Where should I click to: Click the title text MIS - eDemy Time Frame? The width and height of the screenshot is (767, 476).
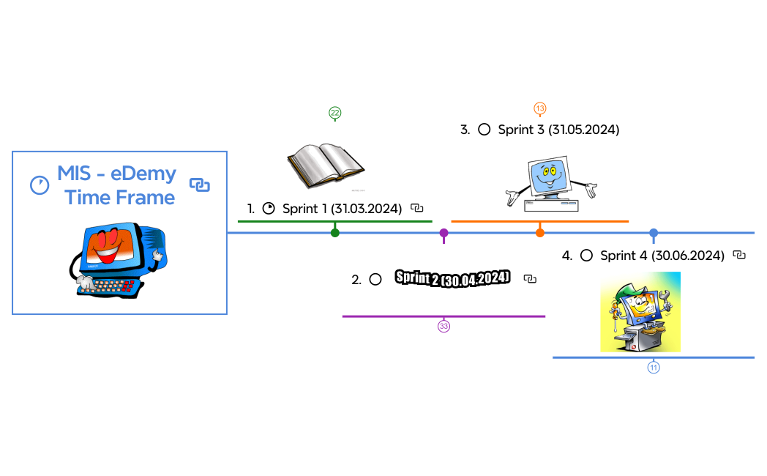tap(117, 185)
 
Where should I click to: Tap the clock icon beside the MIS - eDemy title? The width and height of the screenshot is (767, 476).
tap(40, 185)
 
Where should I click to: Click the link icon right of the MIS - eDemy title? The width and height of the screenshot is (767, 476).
tap(200, 185)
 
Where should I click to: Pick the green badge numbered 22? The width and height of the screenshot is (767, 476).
tap(335, 113)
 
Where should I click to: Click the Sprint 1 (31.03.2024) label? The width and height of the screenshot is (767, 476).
tap(342, 209)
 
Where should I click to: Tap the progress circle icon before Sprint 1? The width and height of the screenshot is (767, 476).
tap(269, 209)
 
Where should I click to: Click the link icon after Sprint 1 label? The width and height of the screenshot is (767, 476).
tap(417, 209)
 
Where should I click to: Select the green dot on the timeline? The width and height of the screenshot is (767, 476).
tap(335, 233)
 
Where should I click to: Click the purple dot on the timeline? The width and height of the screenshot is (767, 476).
tap(444, 233)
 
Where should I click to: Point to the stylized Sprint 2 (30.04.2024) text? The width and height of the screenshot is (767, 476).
tap(452, 278)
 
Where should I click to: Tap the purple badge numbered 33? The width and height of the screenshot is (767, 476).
tap(444, 326)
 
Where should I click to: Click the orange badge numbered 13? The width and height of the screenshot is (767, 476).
tap(540, 108)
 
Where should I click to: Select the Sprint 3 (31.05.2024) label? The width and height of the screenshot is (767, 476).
tap(558, 130)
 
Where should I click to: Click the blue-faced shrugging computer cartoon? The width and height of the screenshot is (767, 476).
tap(551, 184)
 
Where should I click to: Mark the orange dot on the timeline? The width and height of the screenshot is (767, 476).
tap(540, 233)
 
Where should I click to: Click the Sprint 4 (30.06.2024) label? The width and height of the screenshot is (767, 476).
tap(662, 256)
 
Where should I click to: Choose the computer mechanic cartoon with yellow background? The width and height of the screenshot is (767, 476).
tap(640, 312)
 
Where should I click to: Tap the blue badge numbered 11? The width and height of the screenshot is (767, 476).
tap(654, 367)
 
